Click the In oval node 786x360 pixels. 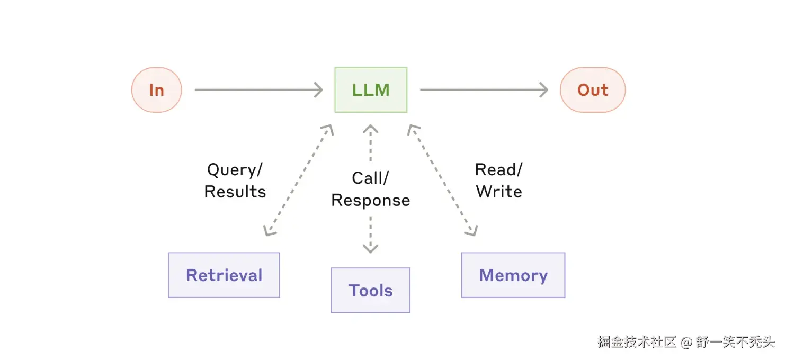pyautogui.click(x=156, y=90)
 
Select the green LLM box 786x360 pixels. pyautogui.click(x=371, y=90)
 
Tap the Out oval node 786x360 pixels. pyautogui.click(x=593, y=90)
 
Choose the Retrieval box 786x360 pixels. pyautogui.click(x=224, y=275)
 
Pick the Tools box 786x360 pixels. pyautogui.click(x=370, y=290)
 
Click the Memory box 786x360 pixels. pyautogui.click(x=513, y=275)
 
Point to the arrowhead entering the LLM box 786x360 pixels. pyautogui.click(x=318, y=90)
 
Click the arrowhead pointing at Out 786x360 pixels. pyautogui.click(x=543, y=90)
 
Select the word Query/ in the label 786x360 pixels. pyautogui.click(x=235, y=170)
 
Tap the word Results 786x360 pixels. pyautogui.click(x=235, y=192)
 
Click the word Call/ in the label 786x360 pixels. pyautogui.click(x=370, y=178)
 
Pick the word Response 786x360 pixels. pyautogui.click(x=370, y=200)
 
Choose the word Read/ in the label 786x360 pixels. pyautogui.click(x=498, y=170)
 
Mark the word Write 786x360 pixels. pyautogui.click(x=498, y=192)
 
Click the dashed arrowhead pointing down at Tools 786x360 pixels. pyautogui.click(x=370, y=248)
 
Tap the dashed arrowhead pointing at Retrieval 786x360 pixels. pyautogui.click(x=269, y=231)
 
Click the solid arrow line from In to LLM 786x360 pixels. pyautogui.click(x=254, y=90)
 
